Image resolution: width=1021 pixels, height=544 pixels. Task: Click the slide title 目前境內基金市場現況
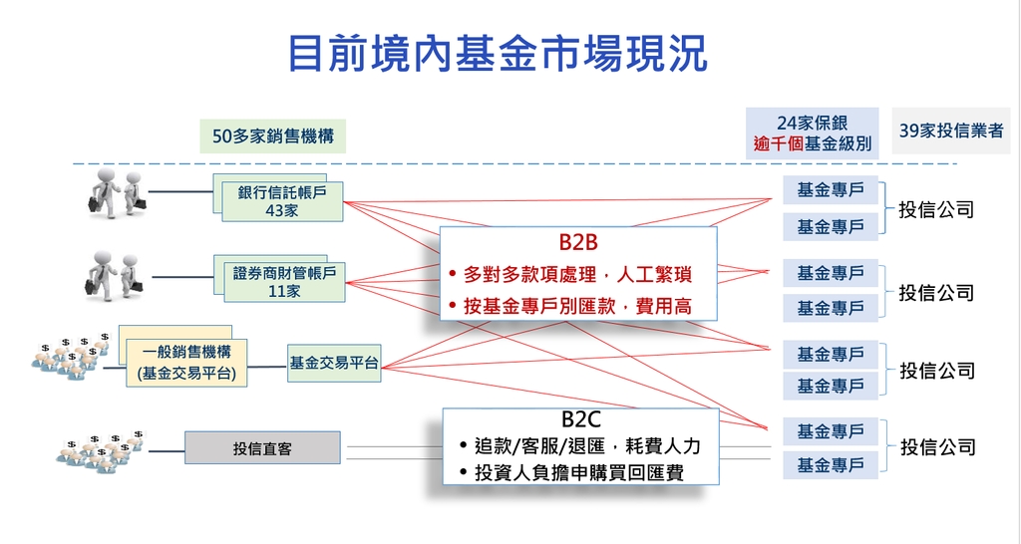498,55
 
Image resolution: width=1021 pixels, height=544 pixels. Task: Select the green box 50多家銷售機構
273,136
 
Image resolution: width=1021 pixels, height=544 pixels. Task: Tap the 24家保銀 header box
812,134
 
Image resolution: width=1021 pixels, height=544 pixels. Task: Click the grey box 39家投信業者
951,131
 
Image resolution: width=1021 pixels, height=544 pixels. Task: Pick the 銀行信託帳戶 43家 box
282,201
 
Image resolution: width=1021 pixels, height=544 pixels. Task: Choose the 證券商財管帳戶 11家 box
284,282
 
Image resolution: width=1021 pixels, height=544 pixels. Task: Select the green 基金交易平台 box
334,363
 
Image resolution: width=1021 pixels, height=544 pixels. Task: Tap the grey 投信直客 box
262,447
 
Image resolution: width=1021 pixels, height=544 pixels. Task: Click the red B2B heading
578,242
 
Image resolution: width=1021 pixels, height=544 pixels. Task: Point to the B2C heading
581,419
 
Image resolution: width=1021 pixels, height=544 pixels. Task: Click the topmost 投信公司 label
936,209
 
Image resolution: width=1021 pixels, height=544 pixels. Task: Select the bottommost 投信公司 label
938,447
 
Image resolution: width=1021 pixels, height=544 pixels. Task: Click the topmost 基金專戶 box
831,190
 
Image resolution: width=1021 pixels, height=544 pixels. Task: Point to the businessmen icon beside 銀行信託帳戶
118,192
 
